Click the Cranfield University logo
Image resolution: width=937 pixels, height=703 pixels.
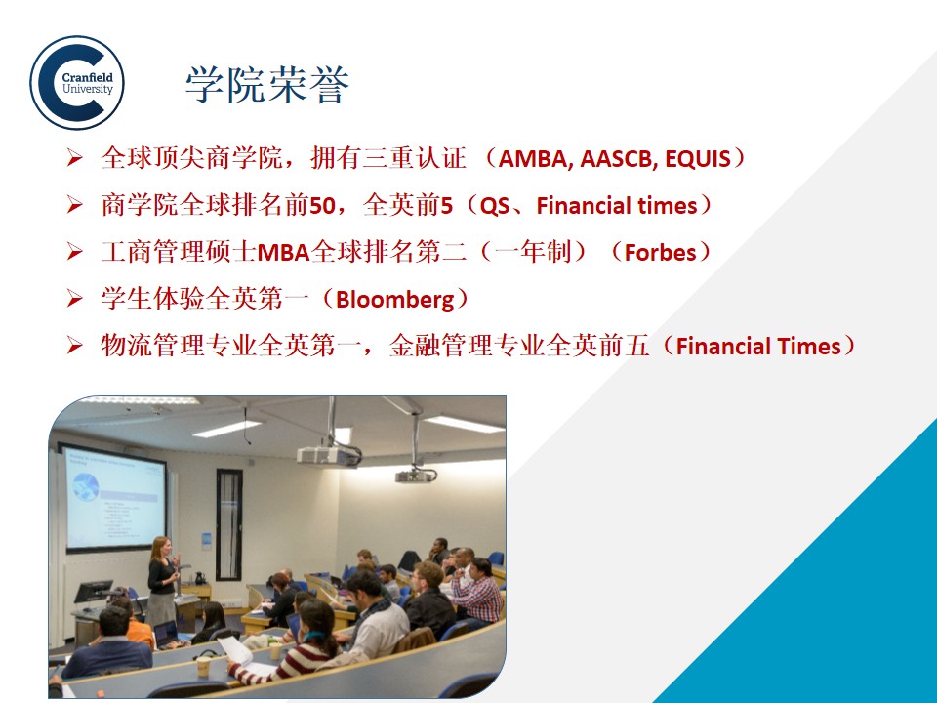[77, 82]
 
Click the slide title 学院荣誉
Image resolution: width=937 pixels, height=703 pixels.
[267, 84]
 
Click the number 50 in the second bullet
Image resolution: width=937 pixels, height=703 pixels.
[322, 206]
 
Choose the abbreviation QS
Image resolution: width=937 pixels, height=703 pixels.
[495, 206]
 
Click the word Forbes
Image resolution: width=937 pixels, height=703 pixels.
[661, 252]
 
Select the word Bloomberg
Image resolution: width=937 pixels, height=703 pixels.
[395, 299]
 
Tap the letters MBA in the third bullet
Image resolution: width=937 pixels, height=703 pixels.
[284, 252]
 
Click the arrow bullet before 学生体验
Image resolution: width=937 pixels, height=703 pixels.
[75, 298]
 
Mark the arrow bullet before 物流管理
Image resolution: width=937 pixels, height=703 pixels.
[75, 345]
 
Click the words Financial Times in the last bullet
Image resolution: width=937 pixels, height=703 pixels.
[758, 346]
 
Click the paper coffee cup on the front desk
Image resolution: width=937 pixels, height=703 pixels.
[203, 666]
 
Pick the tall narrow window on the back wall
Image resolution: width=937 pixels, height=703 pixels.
[228, 525]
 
